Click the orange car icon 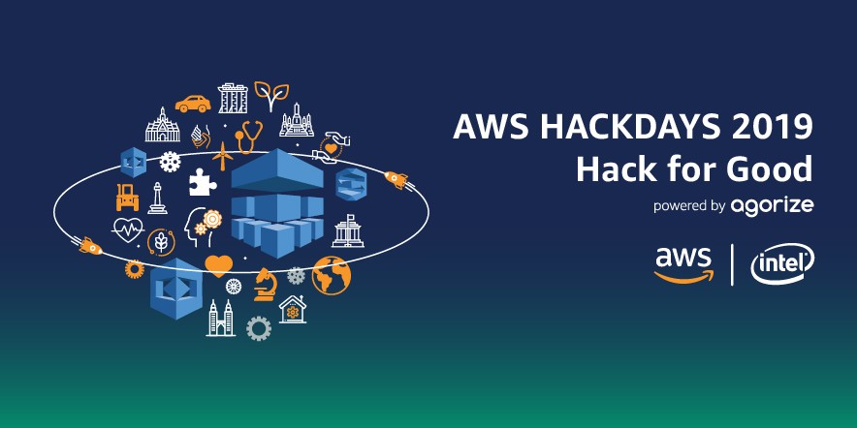click(193, 103)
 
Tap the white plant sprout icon click(270, 97)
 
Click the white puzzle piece click(202, 181)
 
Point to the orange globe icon click(331, 275)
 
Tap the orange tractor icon click(127, 197)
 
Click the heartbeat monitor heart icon click(129, 230)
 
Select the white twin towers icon click(221, 318)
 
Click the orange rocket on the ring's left click(89, 246)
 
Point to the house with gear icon click(291, 309)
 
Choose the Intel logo click(782, 262)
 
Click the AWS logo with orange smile click(682, 263)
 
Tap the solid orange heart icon click(219, 263)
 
